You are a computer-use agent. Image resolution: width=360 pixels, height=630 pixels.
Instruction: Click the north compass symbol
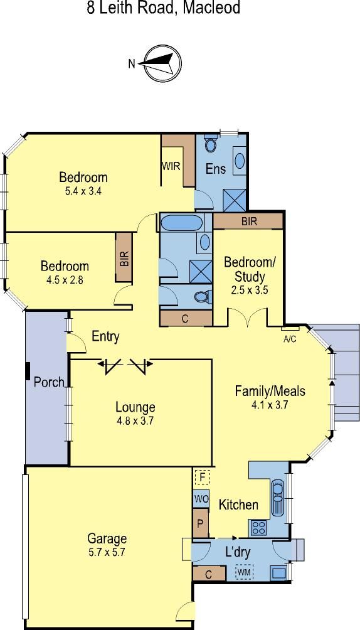(x=162, y=63)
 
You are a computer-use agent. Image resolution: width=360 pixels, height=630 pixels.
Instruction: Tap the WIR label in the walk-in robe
(x=171, y=166)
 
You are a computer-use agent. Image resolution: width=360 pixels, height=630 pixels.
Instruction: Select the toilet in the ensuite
(x=211, y=142)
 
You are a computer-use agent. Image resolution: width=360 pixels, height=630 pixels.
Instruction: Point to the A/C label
(x=290, y=339)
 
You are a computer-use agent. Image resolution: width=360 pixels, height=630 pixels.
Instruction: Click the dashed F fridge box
(x=203, y=478)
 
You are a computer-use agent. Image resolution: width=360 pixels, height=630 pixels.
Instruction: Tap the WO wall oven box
(x=201, y=499)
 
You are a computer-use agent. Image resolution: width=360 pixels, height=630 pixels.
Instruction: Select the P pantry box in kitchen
(x=201, y=523)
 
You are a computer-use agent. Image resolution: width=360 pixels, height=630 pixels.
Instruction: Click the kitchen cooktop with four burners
(x=258, y=528)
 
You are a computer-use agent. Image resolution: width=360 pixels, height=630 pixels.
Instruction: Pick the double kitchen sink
(x=278, y=498)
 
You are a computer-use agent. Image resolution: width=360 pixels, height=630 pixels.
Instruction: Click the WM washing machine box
(x=245, y=572)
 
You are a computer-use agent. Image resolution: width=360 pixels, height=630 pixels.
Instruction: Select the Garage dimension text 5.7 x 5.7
(x=107, y=552)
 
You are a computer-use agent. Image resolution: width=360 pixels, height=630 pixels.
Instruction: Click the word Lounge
(x=135, y=407)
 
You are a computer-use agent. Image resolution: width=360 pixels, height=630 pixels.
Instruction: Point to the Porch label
(x=49, y=382)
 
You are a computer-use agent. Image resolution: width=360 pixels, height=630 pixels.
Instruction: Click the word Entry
(x=105, y=336)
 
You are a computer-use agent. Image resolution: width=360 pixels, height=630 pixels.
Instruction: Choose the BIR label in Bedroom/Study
(x=249, y=221)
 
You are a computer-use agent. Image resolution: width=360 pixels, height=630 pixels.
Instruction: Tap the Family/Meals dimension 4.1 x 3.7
(x=270, y=405)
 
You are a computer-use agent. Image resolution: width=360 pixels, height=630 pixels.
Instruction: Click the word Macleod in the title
(x=211, y=8)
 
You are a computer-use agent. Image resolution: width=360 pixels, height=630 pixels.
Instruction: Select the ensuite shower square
(x=234, y=200)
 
